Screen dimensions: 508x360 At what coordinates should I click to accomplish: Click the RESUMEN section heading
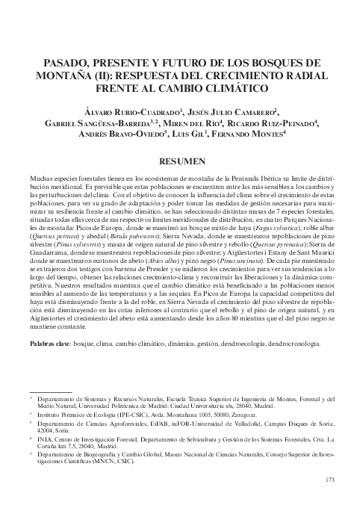tap(180, 161)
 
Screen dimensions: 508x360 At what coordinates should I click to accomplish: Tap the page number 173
tap(332, 479)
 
